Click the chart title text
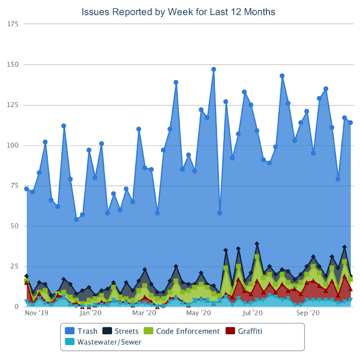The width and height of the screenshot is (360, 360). pos(178,11)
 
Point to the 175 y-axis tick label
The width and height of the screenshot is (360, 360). pos(12,24)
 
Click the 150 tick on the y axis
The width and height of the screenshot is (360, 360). pos(12,65)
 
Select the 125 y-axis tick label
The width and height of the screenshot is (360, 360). pos(12,105)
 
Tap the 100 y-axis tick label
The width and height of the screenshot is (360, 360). pos(12,146)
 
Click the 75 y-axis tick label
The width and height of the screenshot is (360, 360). pos(14,186)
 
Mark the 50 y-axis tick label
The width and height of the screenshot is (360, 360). pos(14,226)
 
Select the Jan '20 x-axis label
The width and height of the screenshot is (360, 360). pos(91,312)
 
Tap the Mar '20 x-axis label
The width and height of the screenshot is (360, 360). pos(145,312)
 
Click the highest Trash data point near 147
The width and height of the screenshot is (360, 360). pos(213,69)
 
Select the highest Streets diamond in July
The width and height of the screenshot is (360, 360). pos(257,244)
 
